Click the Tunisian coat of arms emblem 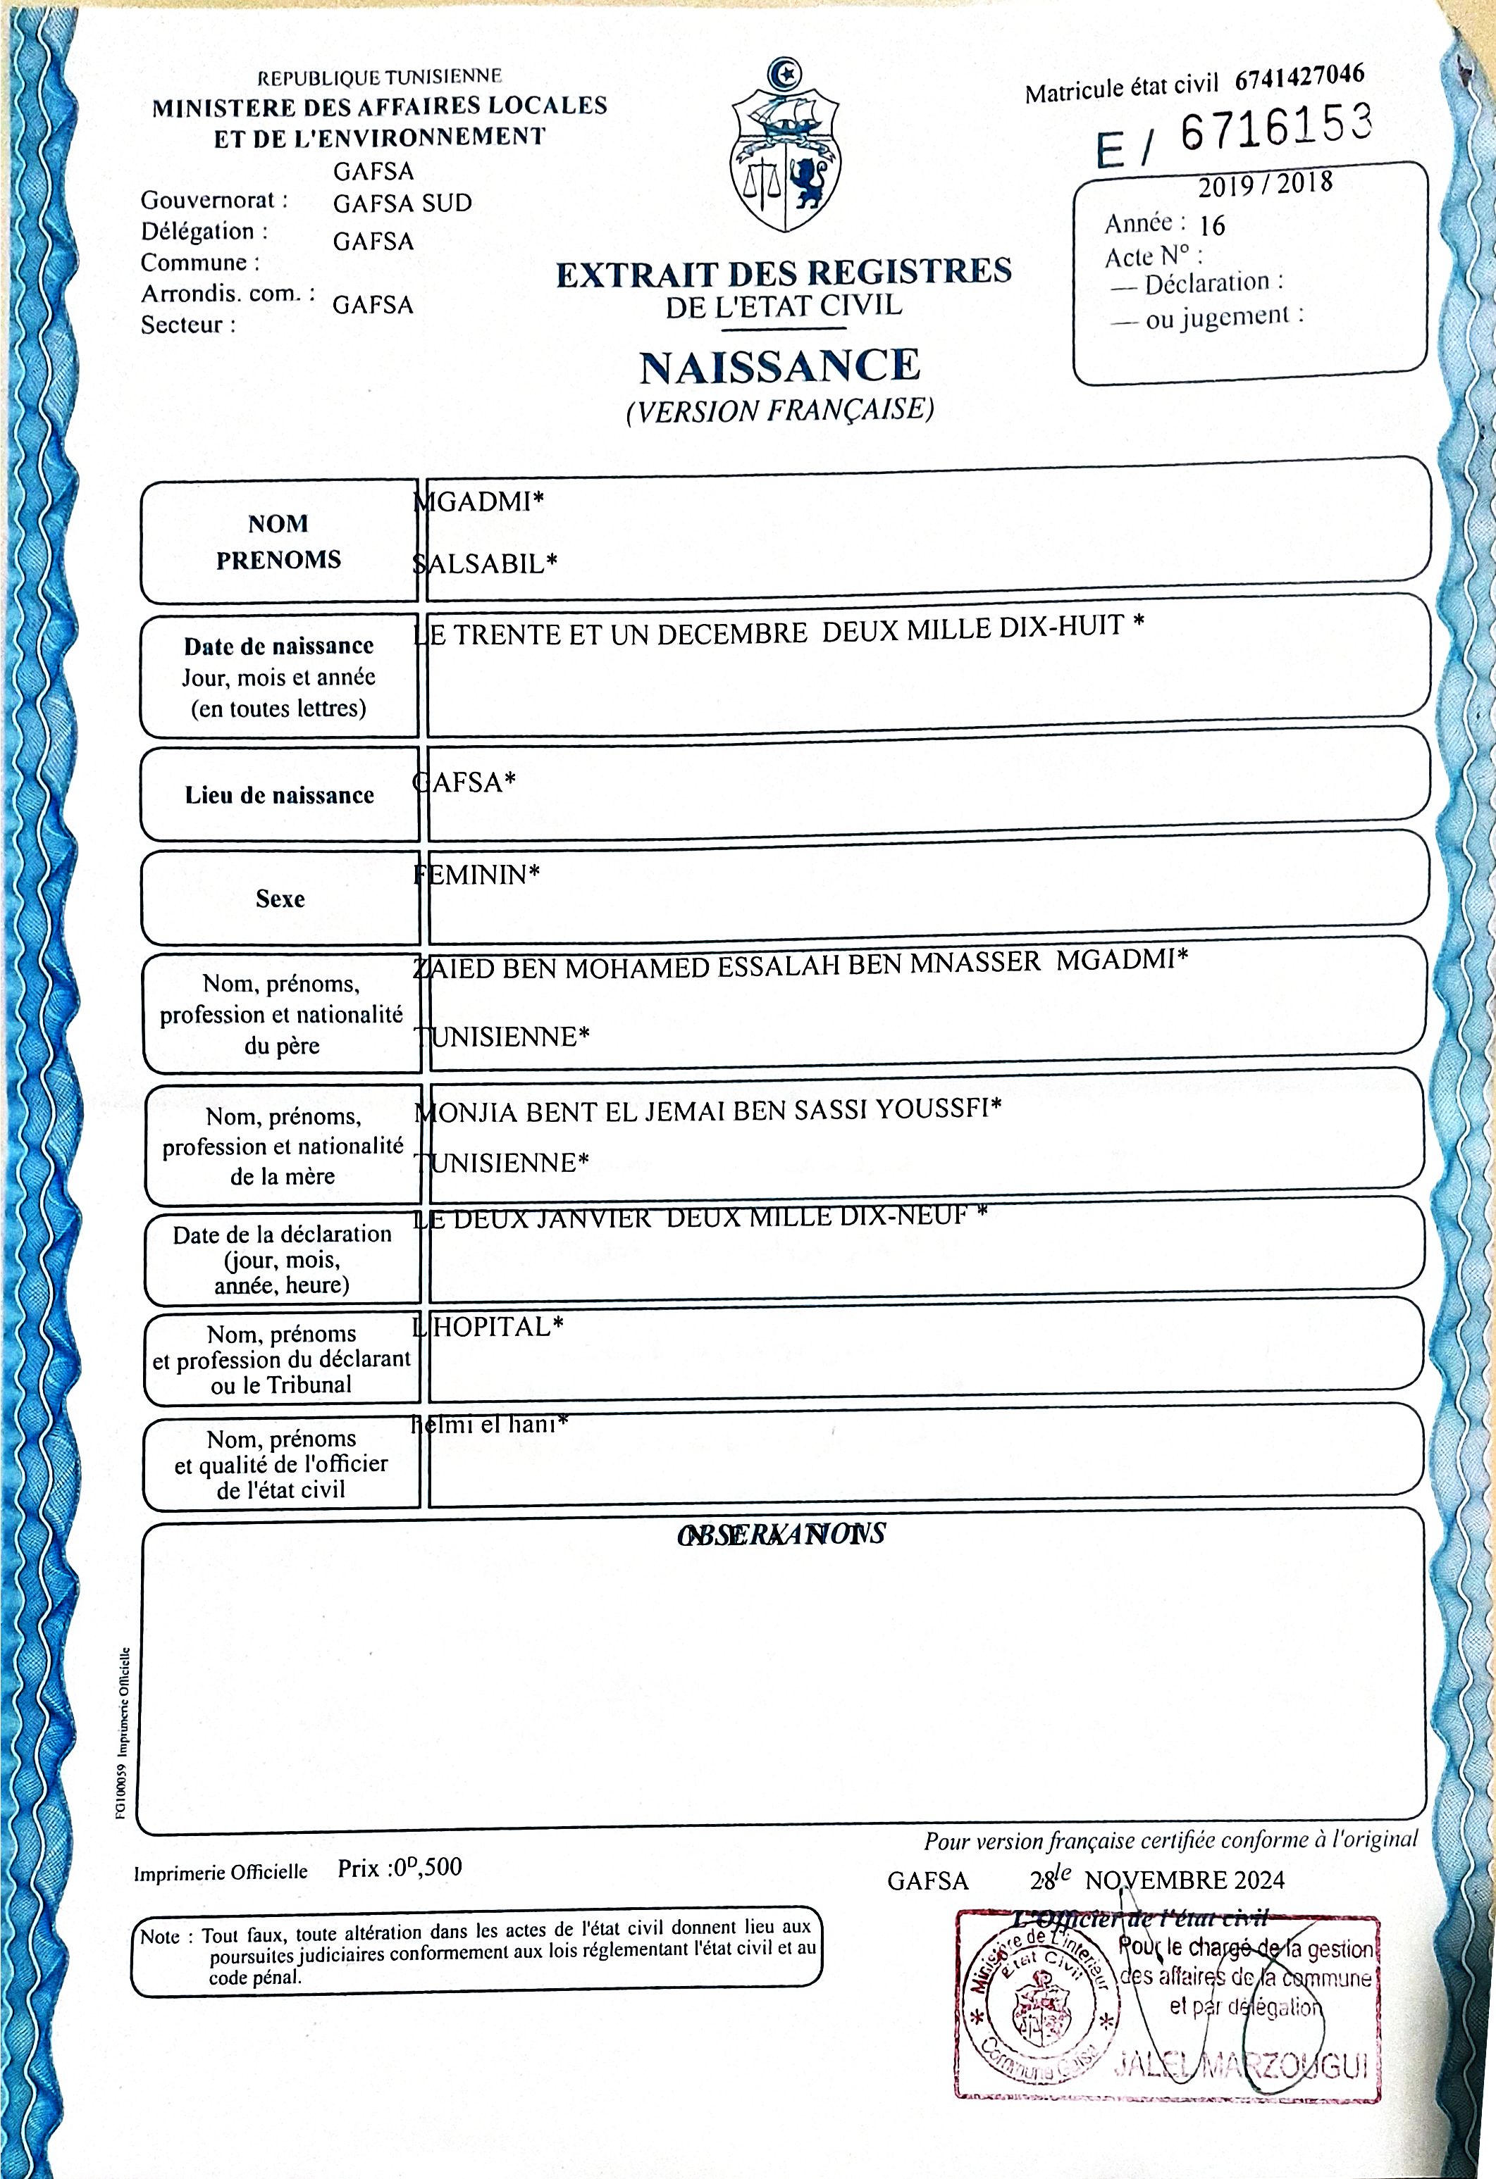[x=785, y=150]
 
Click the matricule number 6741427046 [x=1299, y=77]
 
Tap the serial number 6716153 [x=1275, y=130]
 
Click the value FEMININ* [x=476, y=875]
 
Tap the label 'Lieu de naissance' [x=280, y=795]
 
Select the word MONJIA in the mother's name [x=464, y=1112]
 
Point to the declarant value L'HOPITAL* [x=488, y=1327]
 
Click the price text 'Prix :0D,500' [x=400, y=1867]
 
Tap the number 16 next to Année [x=1212, y=225]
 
